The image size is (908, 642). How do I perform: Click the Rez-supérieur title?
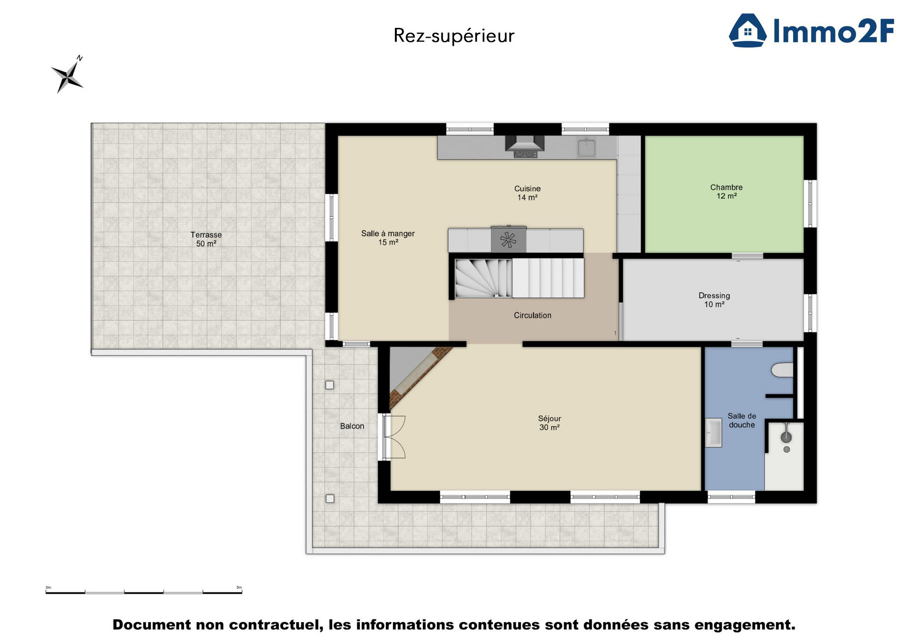tap(454, 36)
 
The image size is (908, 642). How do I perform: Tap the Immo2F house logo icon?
tap(747, 30)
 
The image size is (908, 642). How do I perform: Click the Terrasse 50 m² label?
tap(206, 239)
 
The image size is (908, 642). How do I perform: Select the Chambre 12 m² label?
tap(726, 191)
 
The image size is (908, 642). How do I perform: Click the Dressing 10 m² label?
tap(714, 300)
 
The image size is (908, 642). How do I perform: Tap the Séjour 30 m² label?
tap(549, 423)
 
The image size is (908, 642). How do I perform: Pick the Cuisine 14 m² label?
tap(527, 193)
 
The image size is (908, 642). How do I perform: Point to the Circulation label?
tap(533, 315)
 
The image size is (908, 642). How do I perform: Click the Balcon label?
tap(352, 426)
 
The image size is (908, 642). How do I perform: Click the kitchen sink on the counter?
tap(586, 147)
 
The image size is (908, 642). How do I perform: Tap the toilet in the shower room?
tap(782, 370)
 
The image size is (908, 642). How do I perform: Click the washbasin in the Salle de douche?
tap(713, 433)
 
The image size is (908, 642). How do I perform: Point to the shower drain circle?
tap(786, 450)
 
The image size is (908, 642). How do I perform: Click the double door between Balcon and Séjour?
tap(394, 437)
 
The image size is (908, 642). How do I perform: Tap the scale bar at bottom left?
tap(144, 592)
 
